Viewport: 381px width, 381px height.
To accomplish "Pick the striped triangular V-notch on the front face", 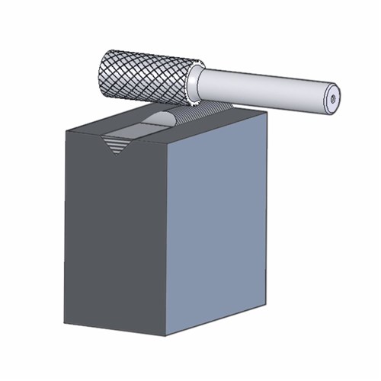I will tap(117, 142).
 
